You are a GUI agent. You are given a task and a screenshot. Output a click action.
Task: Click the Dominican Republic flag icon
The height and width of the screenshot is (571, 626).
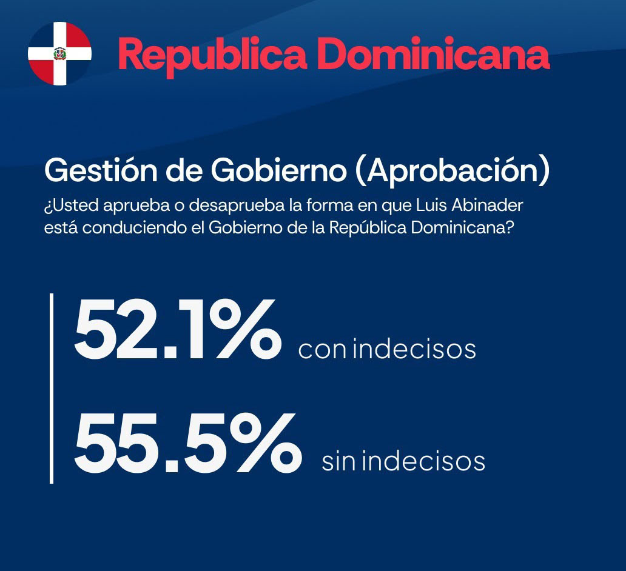coord(60,53)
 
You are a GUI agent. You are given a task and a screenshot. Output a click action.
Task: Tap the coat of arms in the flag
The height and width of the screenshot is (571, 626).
coord(59,53)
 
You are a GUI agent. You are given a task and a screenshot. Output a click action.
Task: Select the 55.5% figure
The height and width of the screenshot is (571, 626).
coord(188,443)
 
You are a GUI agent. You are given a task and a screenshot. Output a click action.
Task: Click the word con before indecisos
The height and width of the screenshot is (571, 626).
coord(322,350)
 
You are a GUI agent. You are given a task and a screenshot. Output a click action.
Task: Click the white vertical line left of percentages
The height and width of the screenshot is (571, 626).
coord(52,389)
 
